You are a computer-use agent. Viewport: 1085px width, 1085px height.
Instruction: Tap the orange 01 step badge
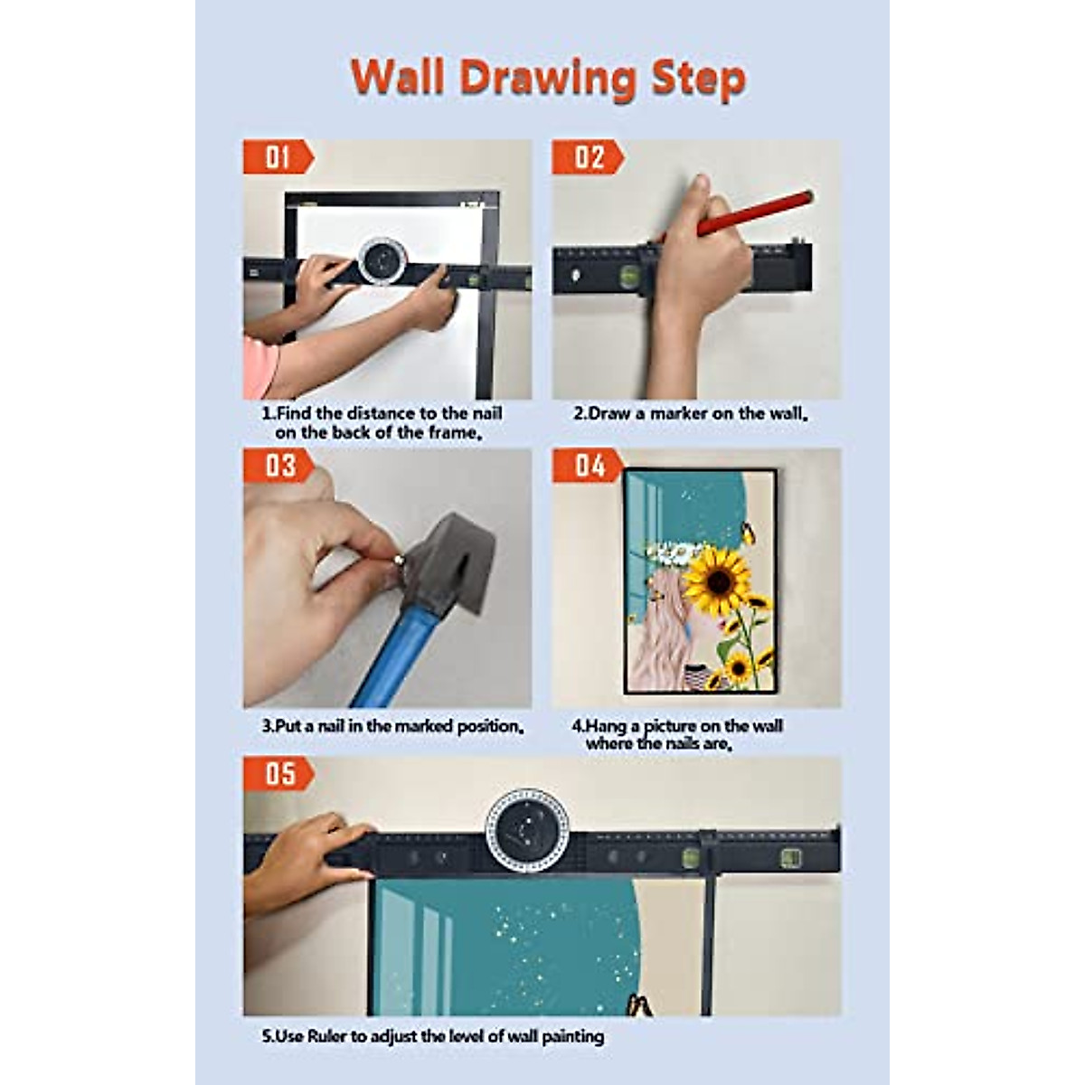tap(277, 157)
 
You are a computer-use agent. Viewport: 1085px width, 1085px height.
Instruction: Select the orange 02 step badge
tap(587, 157)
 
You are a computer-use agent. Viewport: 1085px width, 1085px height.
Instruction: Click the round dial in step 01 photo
tap(382, 260)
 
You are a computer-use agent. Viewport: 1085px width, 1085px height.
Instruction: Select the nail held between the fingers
tap(400, 562)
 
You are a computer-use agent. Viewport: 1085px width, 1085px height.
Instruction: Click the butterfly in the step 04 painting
tap(749, 533)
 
